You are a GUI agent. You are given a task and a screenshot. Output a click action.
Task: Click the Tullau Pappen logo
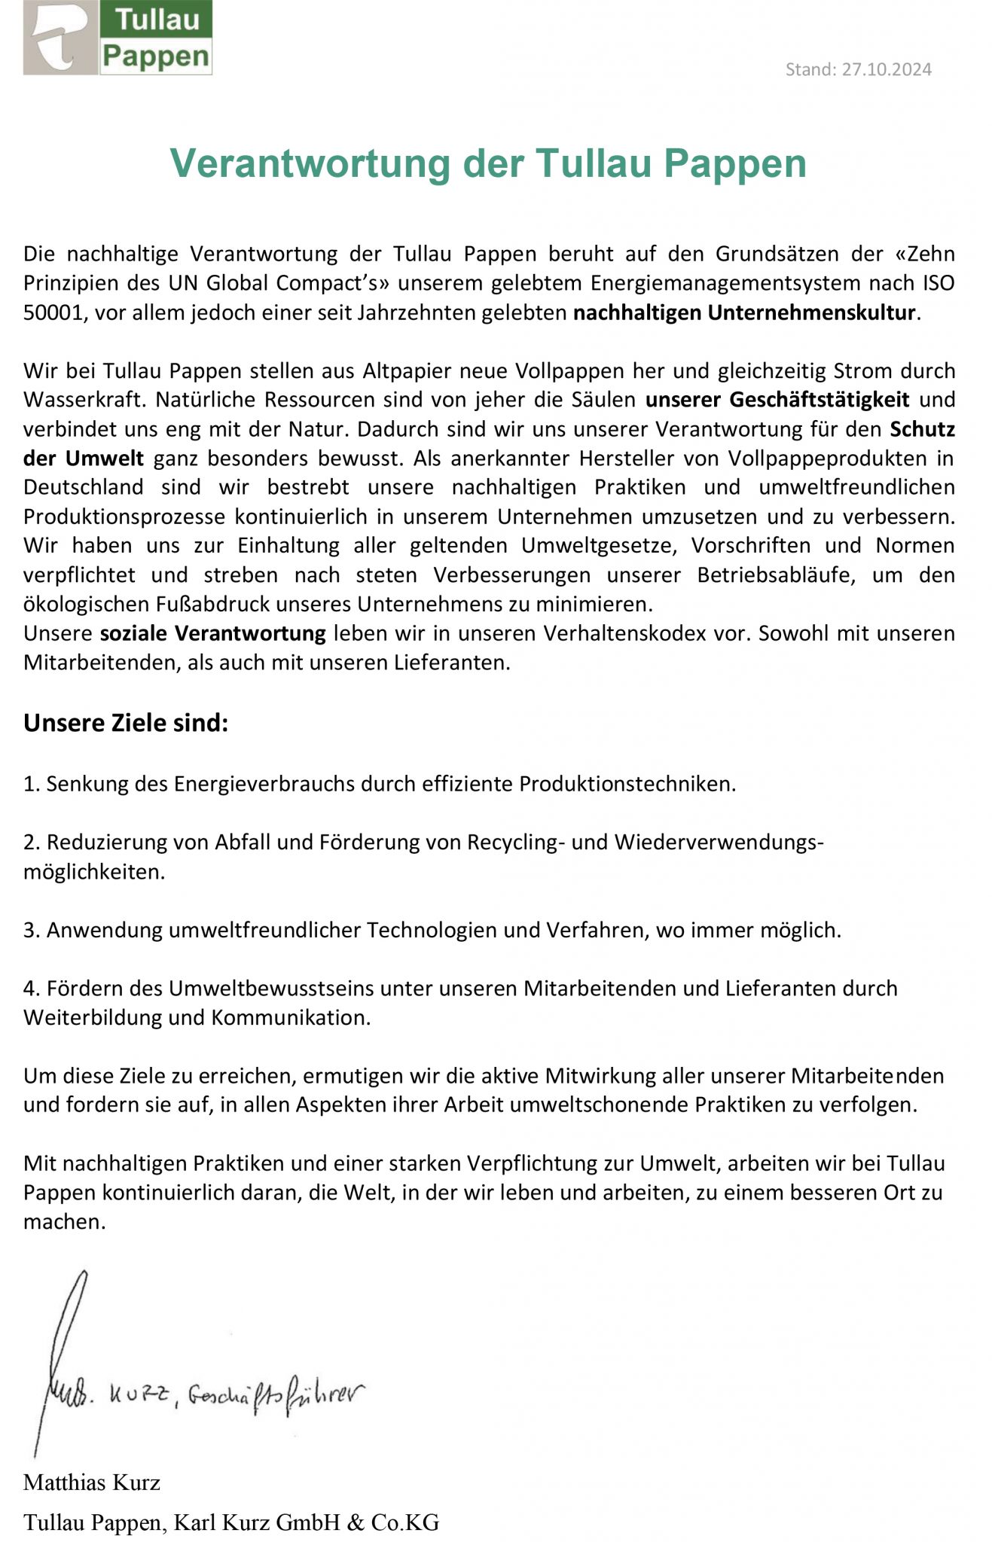click(x=118, y=37)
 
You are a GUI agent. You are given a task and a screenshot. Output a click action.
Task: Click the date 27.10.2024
click(x=887, y=69)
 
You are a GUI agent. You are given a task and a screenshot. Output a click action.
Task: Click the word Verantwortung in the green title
click(x=309, y=163)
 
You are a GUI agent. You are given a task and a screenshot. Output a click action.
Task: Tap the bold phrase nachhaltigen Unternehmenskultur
click(x=744, y=312)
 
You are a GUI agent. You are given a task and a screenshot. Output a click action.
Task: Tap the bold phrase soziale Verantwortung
click(x=213, y=633)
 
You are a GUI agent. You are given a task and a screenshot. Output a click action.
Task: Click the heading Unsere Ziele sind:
click(x=126, y=723)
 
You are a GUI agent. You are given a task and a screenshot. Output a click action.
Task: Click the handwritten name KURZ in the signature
click(x=139, y=1397)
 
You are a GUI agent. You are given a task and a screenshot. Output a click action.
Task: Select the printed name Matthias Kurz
click(x=92, y=1483)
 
